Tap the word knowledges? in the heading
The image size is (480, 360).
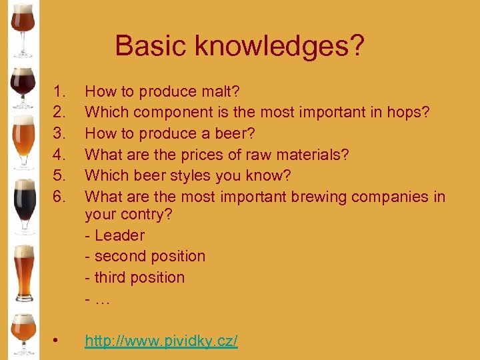279,46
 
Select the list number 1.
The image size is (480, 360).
59,91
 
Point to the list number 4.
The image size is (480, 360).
59,155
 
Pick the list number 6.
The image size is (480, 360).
59,197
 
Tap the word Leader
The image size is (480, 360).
119,235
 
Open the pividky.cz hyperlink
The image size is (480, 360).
161,341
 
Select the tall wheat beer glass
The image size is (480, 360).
23,273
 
